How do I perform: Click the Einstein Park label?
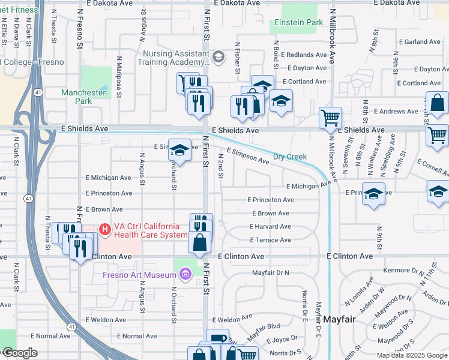click(x=298, y=23)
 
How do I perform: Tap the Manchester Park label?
click(x=83, y=97)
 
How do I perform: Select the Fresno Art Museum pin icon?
click(x=186, y=275)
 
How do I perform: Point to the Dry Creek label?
click(x=290, y=157)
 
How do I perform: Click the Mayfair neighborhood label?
click(x=340, y=320)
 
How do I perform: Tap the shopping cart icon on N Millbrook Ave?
click(x=330, y=118)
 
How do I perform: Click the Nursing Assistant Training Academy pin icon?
click(x=218, y=57)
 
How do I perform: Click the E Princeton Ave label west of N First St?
click(x=109, y=193)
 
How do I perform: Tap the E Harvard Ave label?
click(x=270, y=227)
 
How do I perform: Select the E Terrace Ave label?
click(x=270, y=240)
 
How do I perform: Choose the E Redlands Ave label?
click(x=303, y=55)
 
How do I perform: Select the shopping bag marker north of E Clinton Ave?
click(x=200, y=242)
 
